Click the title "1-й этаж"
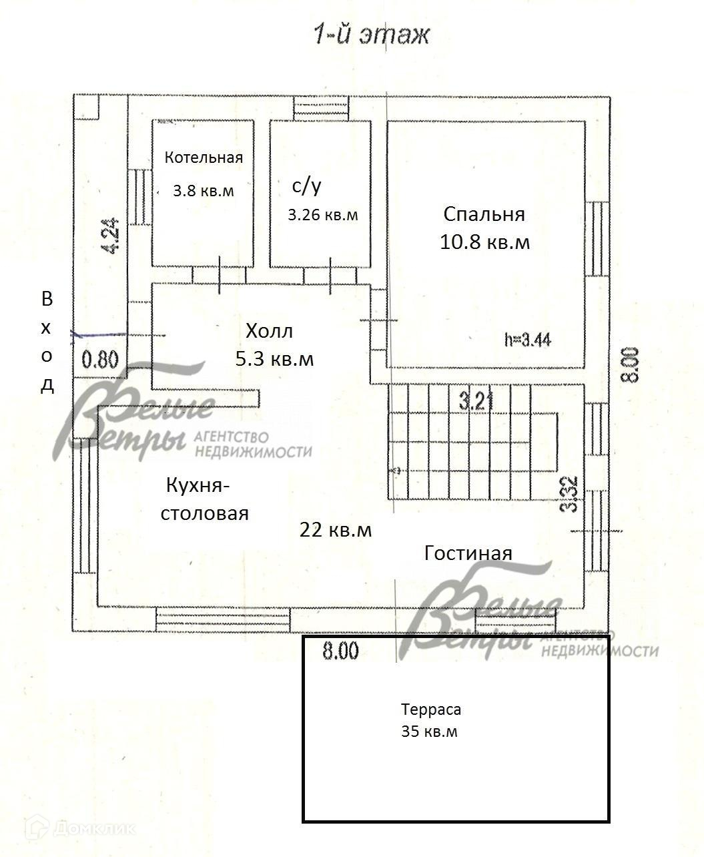coord(372,35)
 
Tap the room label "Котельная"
coord(204,158)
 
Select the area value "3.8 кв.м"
coord(204,191)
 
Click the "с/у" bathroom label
coord(307,186)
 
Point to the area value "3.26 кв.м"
coord(323,215)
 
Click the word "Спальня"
coord(484,214)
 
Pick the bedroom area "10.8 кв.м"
coord(485,242)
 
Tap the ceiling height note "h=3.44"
coord(528,339)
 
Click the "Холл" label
coord(269,330)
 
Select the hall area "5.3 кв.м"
coord(274,358)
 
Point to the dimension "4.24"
coord(111,237)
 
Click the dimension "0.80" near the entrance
coord(100,360)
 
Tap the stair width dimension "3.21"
coord(476,401)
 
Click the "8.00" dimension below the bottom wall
coord(340,651)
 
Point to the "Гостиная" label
coord(468,553)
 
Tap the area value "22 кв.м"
coord(336,530)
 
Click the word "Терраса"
coord(431,709)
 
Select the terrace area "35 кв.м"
coord(430,732)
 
